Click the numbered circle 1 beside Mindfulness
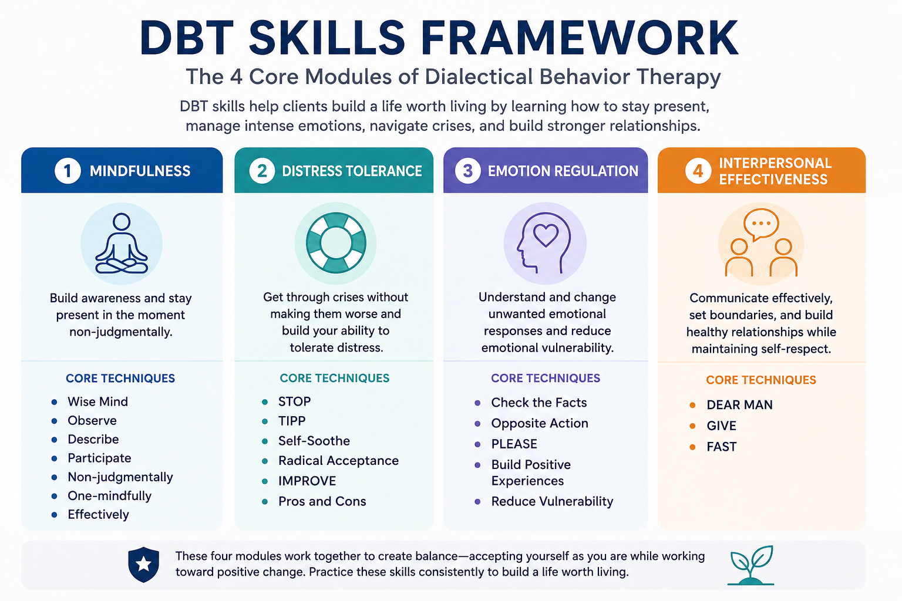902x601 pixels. pyautogui.click(x=68, y=171)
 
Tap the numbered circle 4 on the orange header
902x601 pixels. pyautogui.click(x=698, y=171)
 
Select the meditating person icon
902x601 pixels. pyautogui.click(x=122, y=244)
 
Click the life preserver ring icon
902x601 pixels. pyautogui.click(x=336, y=243)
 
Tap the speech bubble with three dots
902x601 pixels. pyautogui.click(x=761, y=225)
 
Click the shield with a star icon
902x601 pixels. pyautogui.click(x=143, y=565)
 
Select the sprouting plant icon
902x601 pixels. pyautogui.click(x=751, y=565)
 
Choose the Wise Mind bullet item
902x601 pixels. pyautogui.click(x=98, y=401)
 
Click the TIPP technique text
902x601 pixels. pyautogui.click(x=292, y=421)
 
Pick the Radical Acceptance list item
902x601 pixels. pyautogui.click(x=338, y=461)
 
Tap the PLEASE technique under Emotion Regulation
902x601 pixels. pyautogui.click(x=514, y=444)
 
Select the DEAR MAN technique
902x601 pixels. pyautogui.click(x=740, y=404)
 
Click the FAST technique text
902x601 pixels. pyautogui.click(x=722, y=447)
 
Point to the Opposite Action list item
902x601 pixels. pyautogui.click(x=540, y=423)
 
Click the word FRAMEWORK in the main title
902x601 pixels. pyautogui.click(x=580, y=38)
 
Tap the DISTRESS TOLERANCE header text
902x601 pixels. pyautogui.click(x=352, y=171)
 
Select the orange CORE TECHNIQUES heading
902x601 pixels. pyautogui.click(x=761, y=380)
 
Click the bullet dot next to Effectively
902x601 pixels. pyautogui.click(x=55, y=515)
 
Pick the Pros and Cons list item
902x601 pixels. pyautogui.click(x=322, y=501)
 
